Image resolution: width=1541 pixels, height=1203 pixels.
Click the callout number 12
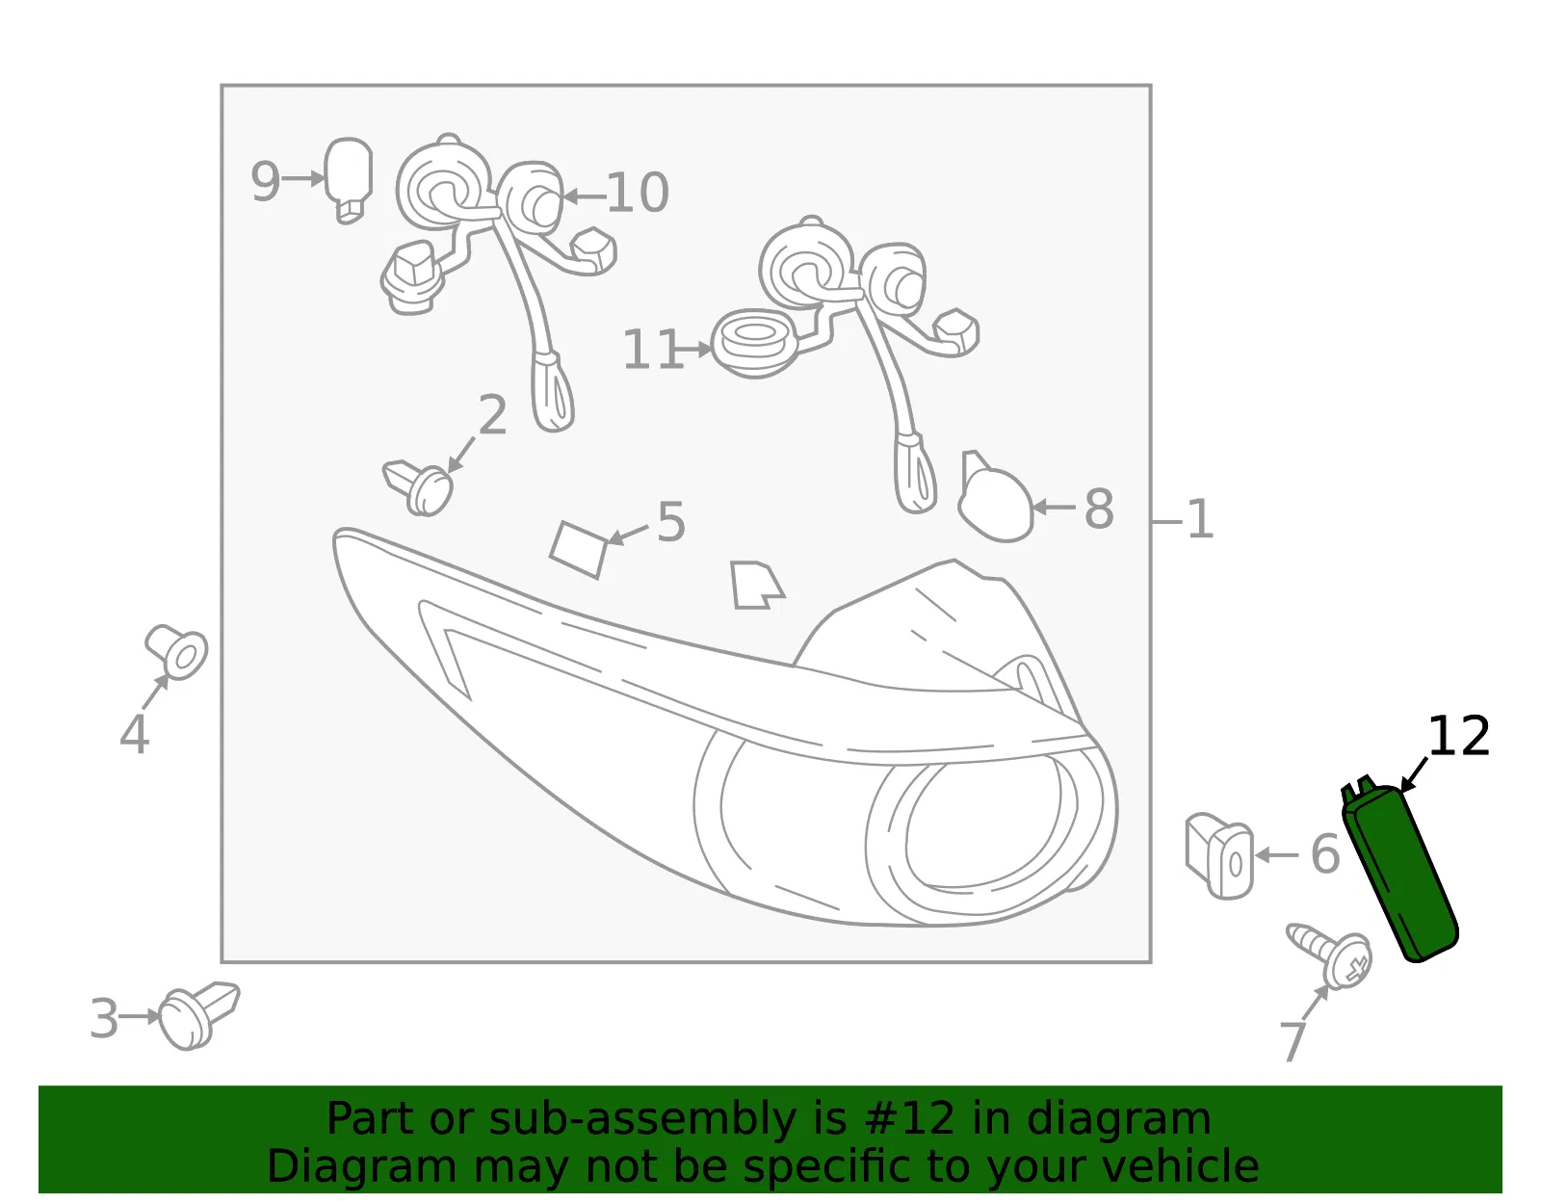(1458, 737)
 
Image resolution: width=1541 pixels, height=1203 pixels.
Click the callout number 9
(265, 181)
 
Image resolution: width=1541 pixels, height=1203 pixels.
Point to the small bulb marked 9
(348, 180)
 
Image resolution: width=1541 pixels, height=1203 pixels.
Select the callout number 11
(653, 350)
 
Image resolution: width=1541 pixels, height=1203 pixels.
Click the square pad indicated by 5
(579, 549)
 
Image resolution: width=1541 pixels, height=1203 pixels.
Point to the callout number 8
(1099, 509)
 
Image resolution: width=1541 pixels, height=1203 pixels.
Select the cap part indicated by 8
(994, 498)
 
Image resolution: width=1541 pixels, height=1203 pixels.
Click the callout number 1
(1199, 519)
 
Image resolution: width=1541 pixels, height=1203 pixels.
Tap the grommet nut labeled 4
(176, 651)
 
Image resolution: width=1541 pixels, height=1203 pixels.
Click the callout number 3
(104, 1019)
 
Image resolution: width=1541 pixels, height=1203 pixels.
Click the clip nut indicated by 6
(1219, 855)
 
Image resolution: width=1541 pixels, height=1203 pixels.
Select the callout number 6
(1325, 854)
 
